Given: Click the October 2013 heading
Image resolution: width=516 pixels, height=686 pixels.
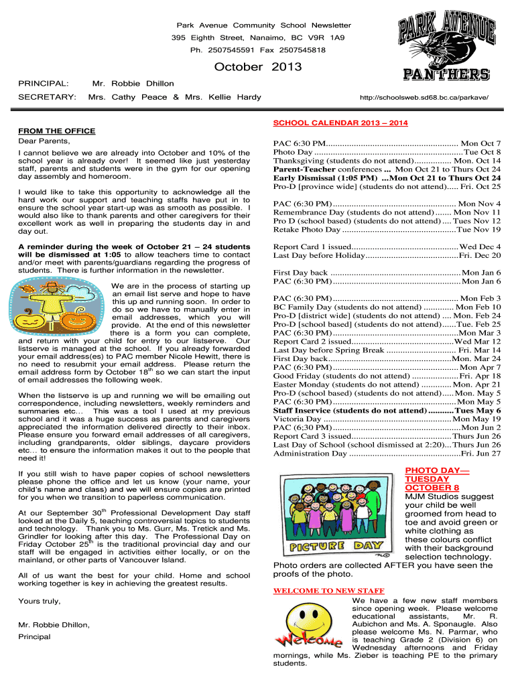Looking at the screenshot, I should click(258, 67).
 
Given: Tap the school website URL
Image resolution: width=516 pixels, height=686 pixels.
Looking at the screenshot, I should click(430, 98).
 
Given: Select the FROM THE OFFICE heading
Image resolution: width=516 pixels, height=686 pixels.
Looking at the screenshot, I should click(56, 131).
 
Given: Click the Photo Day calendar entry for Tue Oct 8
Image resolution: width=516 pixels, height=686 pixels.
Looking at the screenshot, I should click(387, 153).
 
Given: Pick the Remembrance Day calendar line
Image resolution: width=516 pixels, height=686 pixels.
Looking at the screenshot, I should click(387, 212).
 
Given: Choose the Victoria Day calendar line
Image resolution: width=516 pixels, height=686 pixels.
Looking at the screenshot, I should click(387, 419).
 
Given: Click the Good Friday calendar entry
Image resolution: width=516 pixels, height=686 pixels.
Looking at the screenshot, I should click(387, 376).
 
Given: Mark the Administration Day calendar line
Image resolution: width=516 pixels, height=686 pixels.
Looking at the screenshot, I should click(387, 454).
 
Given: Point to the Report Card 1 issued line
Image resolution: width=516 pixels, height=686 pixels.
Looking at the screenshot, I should click(387, 247).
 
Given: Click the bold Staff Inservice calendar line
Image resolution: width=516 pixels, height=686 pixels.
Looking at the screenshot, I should click(387, 410).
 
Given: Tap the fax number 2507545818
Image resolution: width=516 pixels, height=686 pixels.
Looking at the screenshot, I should click(303, 50).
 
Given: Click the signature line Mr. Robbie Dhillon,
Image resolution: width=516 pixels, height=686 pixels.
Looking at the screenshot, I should click(54, 624).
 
